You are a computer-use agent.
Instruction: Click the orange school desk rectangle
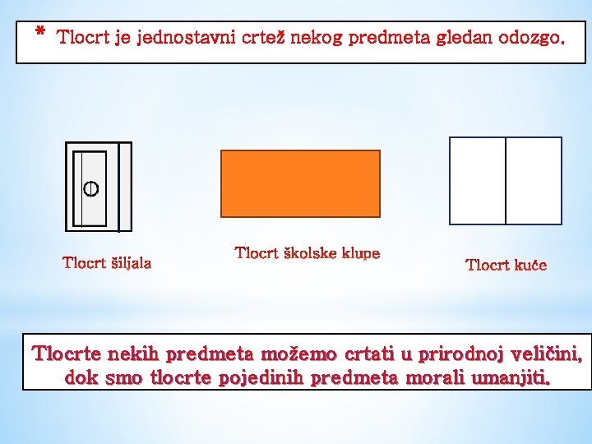point(300,183)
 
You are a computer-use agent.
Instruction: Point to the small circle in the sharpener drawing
point(90,188)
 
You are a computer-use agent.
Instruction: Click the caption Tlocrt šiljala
point(107,263)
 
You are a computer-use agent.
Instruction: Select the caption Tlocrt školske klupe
point(308,253)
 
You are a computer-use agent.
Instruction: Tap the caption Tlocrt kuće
point(506,265)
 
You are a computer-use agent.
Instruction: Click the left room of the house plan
point(478,181)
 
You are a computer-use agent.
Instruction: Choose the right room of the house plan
point(533,181)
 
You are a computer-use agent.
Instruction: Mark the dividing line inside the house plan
point(506,181)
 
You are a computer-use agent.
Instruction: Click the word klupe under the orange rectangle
point(361,253)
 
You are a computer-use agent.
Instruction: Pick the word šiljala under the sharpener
point(131,263)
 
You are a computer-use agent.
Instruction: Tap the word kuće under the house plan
point(530,265)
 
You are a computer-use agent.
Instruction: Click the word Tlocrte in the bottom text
point(67,355)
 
